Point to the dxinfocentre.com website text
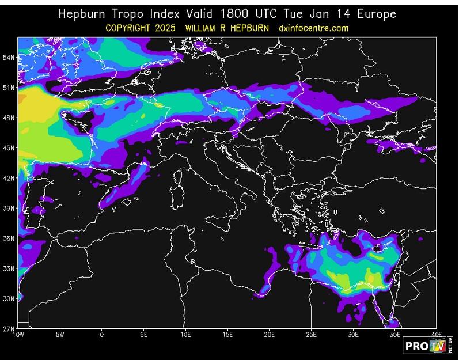[x=313, y=28]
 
